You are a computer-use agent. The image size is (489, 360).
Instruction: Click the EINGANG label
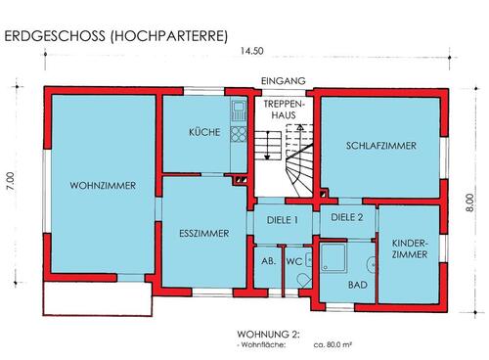[284, 81]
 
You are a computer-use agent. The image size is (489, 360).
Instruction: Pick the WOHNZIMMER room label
[102, 185]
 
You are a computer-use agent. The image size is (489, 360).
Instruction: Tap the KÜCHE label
[204, 132]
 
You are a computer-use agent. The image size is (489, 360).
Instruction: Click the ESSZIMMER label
[203, 234]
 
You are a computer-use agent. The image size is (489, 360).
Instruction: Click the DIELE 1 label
[282, 220]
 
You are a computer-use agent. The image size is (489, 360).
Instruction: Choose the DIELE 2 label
[346, 217]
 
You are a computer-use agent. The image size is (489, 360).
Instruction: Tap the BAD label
[358, 285]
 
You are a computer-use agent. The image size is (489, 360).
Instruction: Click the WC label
[293, 262]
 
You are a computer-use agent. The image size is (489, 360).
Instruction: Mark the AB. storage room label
[267, 262]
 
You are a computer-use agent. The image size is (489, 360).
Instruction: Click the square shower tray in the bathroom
[333, 260]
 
